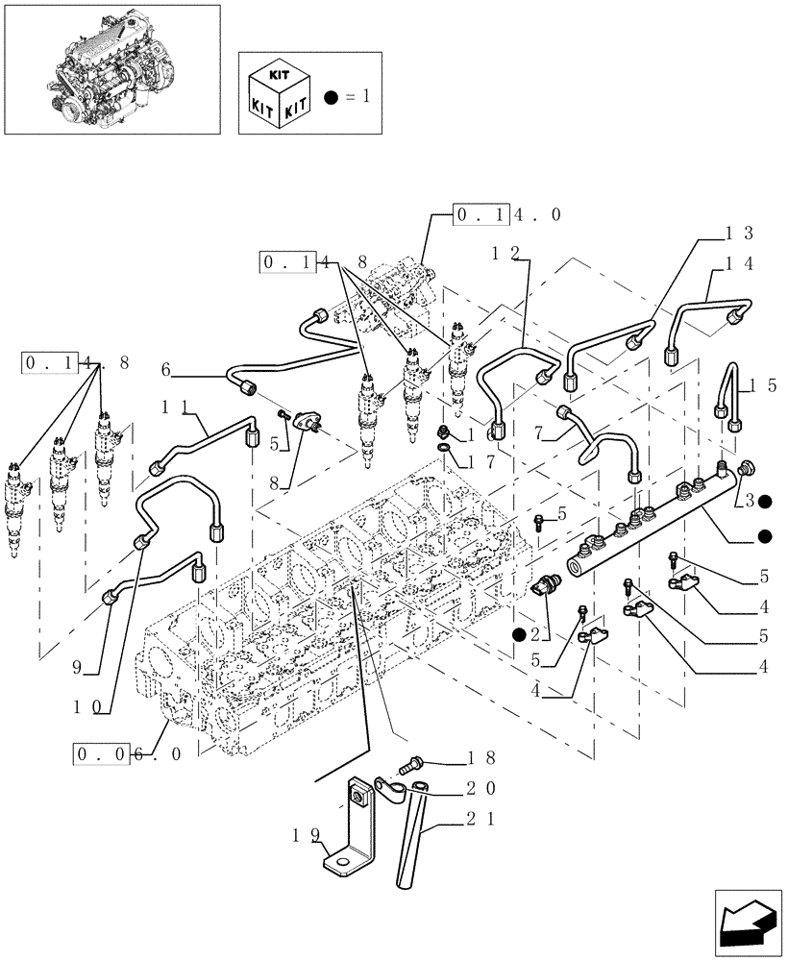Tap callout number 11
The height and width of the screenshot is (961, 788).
point(174,407)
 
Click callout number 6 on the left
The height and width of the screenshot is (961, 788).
point(165,369)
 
